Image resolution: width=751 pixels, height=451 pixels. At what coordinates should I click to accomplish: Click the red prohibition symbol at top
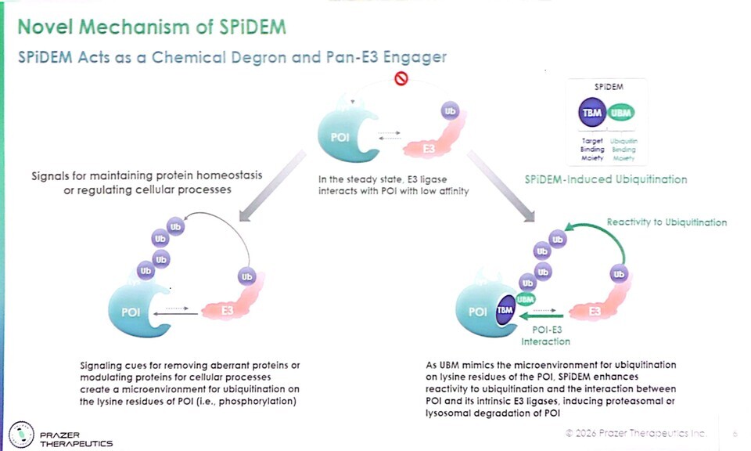pos(401,78)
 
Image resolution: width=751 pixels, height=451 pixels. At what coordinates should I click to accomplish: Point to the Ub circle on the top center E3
pos(450,110)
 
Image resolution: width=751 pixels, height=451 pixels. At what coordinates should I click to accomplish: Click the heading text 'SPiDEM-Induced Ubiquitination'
pos(605,179)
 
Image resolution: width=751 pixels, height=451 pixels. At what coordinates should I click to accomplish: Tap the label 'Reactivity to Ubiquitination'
pos(667,222)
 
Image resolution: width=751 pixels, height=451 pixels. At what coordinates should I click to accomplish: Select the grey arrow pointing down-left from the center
pos(271,183)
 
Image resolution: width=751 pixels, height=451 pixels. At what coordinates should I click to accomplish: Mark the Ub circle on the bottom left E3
pos(247,277)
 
